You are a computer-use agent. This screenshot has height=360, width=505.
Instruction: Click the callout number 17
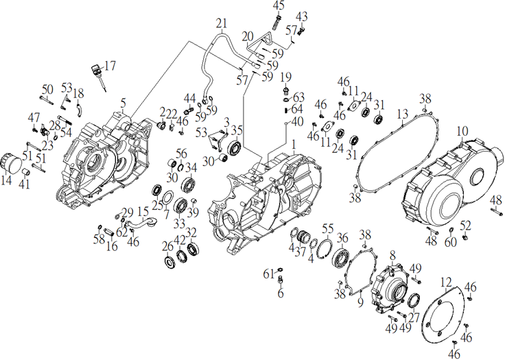[110, 67]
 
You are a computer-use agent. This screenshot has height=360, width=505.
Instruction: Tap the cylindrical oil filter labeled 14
[10, 164]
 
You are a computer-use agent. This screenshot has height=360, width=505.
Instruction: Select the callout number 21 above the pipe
[220, 24]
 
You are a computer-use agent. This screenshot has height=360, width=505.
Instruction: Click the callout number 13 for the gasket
[403, 113]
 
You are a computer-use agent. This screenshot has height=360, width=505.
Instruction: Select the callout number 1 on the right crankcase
[293, 145]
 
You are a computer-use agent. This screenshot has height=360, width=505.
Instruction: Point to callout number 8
[392, 255]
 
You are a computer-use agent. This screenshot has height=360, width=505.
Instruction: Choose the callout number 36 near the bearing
[342, 238]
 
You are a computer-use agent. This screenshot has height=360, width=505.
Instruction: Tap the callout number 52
[466, 226]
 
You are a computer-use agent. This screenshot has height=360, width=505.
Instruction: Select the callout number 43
[302, 16]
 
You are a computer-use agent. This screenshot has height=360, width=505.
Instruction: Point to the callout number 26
[167, 247]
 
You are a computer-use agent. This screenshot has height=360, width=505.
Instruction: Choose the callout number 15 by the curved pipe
[143, 211]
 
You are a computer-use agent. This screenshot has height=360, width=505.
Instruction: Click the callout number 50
[47, 89]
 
